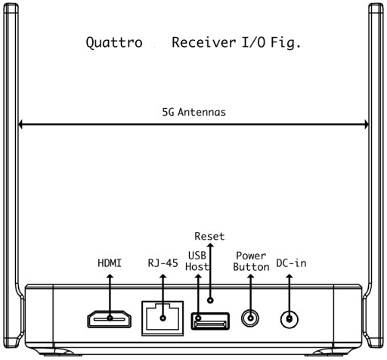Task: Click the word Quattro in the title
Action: coord(114,42)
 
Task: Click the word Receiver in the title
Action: coord(204,42)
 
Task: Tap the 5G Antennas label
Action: coord(193,112)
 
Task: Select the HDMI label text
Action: coord(110,263)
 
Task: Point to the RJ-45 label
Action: coord(163,263)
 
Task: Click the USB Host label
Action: coord(197,261)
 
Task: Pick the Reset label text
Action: coord(209,236)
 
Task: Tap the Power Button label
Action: coord(251,262)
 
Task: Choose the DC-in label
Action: coord(292,263)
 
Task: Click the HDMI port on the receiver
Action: coord(110,319)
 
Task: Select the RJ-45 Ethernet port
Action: coord(163,318)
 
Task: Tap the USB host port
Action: coord(210,321)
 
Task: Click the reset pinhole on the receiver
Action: coord(210,300)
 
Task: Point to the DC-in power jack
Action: coord(289,319)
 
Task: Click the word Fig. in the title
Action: coord(286,42)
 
